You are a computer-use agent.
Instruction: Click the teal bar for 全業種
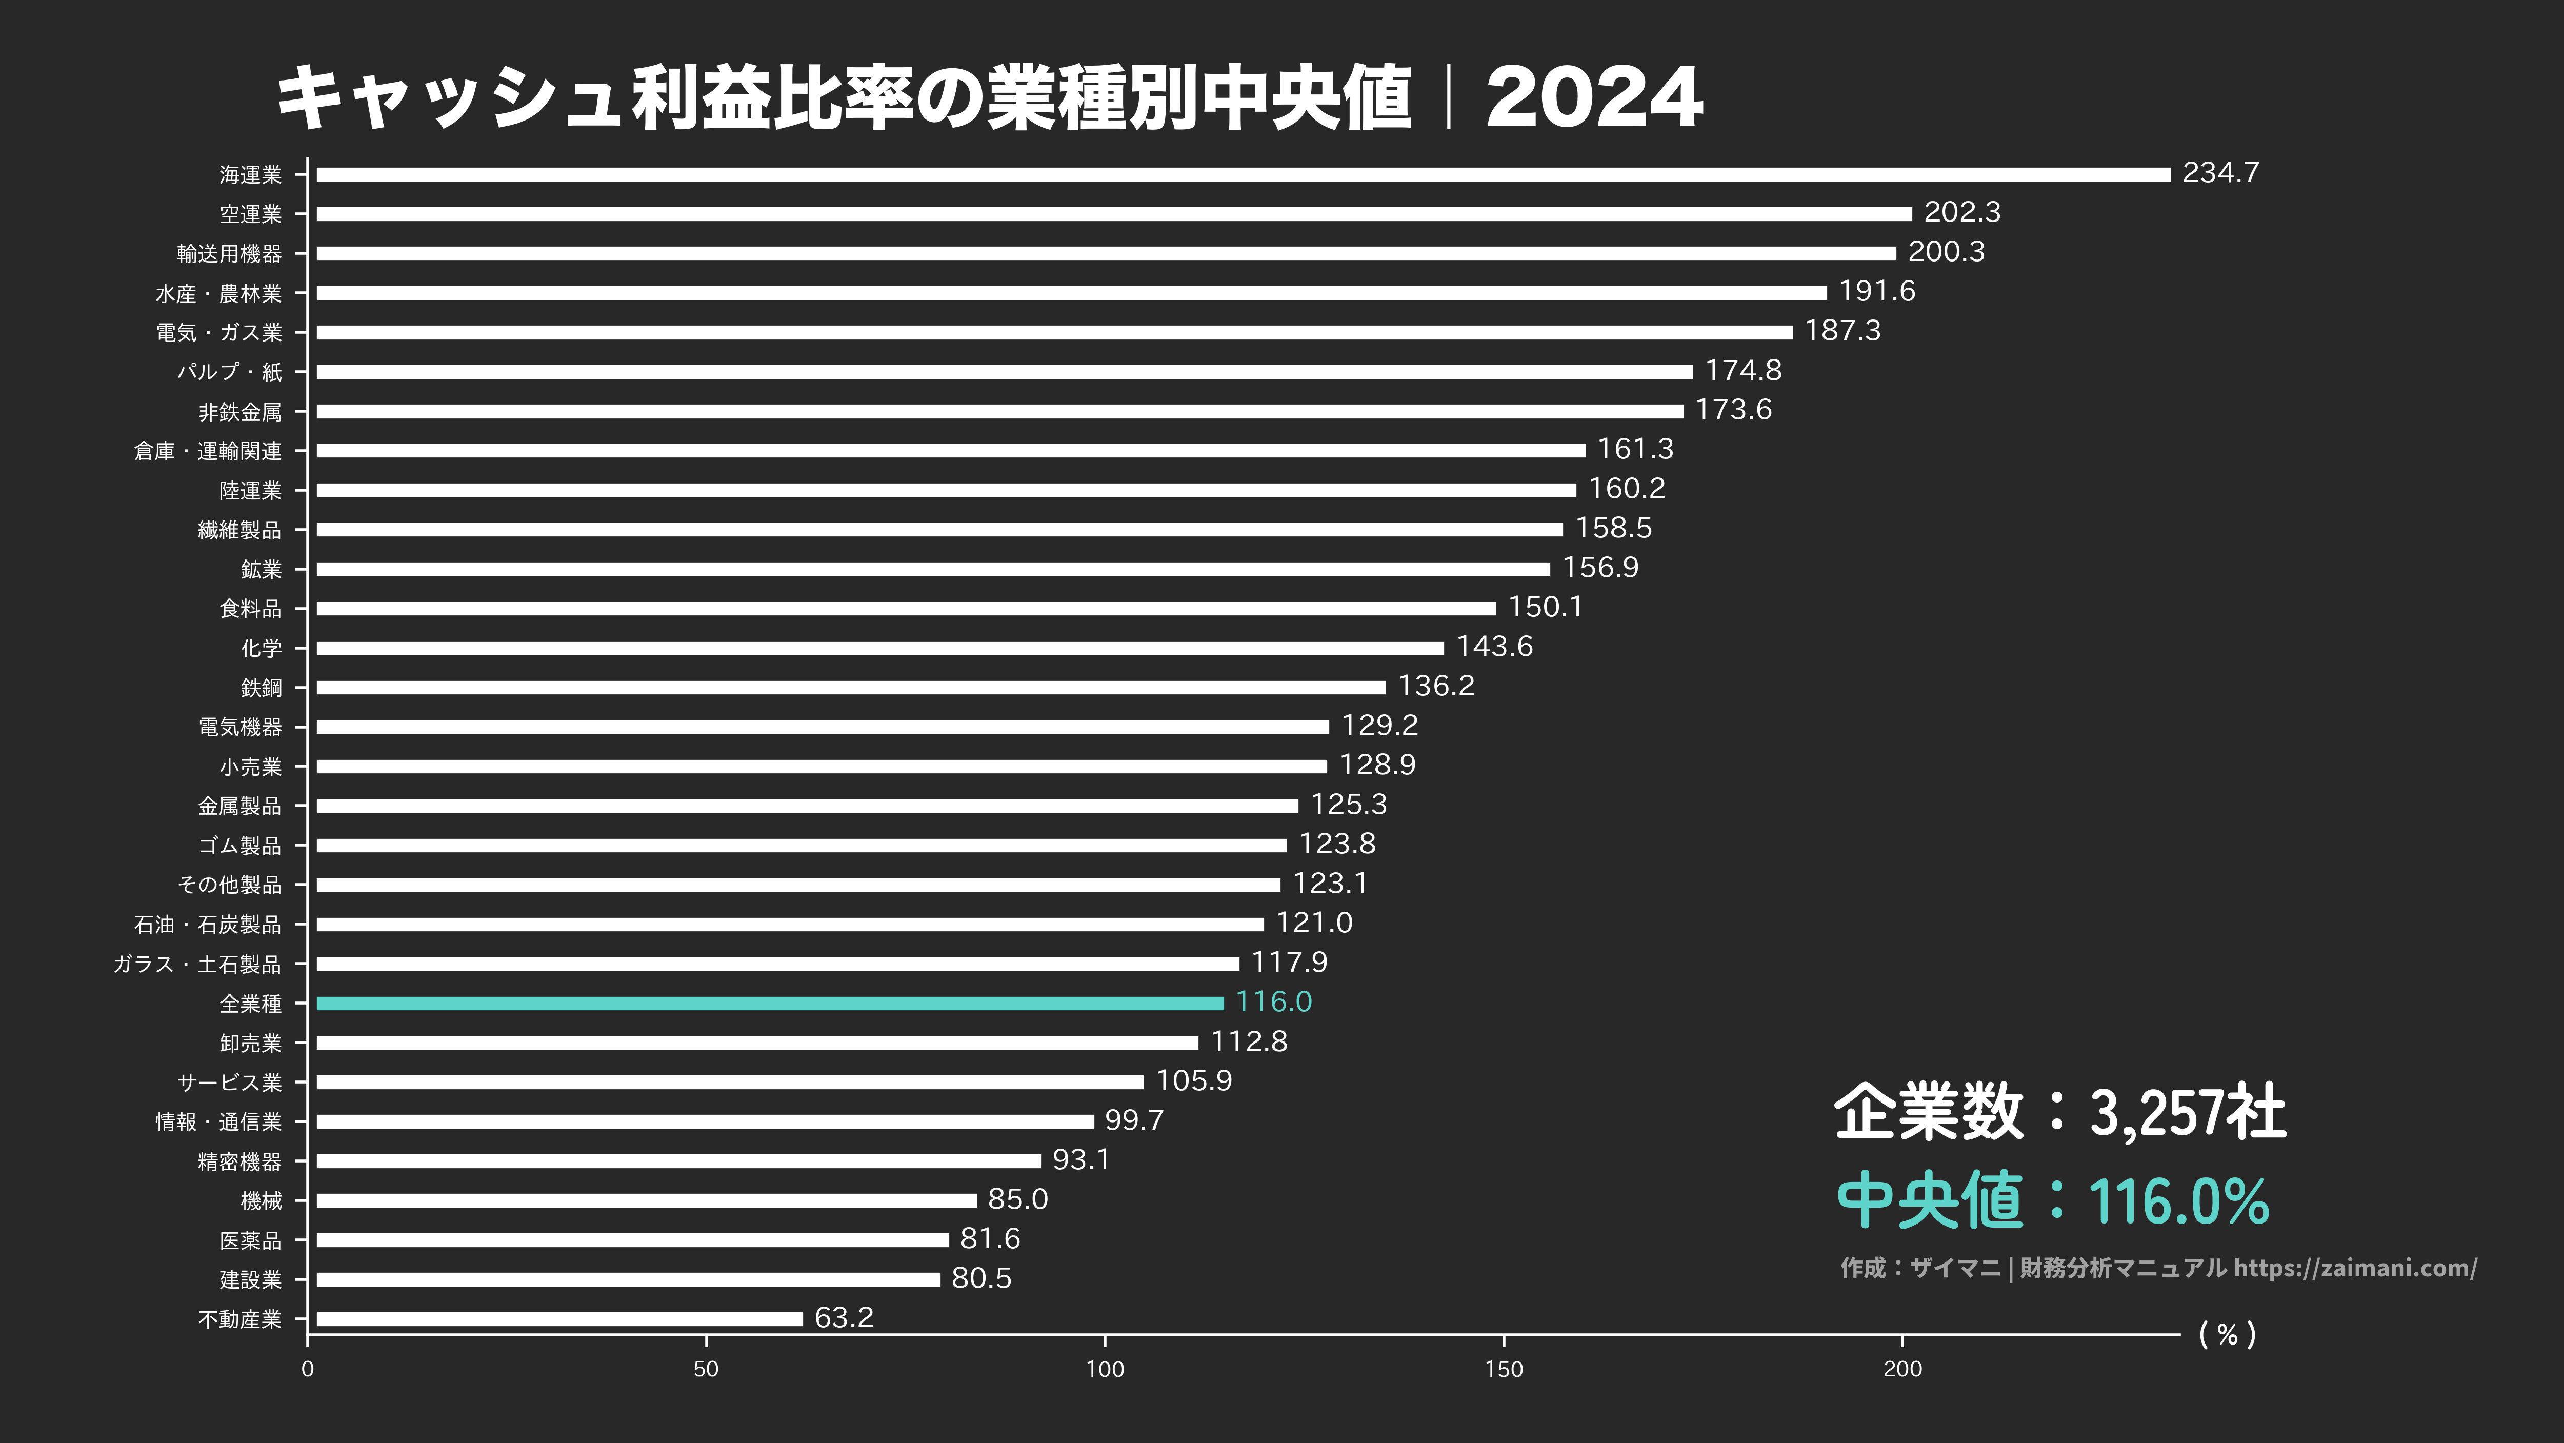[769, 1003]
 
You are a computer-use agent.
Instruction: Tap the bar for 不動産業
[559, 1318]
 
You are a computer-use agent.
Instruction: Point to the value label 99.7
[1134, 1120]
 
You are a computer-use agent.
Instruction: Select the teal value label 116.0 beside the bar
[1273, 1002]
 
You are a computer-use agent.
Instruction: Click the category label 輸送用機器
[229, 254]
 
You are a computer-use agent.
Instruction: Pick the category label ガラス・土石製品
[197, 965]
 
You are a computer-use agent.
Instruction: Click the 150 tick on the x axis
[1503, 1369]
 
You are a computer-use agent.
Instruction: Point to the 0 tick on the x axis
[308, 1369]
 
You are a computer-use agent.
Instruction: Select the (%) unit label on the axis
[2227, 1334]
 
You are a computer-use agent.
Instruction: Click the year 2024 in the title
[1594, 97]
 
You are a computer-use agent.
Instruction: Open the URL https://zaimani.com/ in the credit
[2355, 1268]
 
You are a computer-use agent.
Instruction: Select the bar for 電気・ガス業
[1054, 332]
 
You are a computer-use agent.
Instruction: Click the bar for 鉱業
[933, 569]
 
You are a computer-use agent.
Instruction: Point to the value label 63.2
[843, 1317]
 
